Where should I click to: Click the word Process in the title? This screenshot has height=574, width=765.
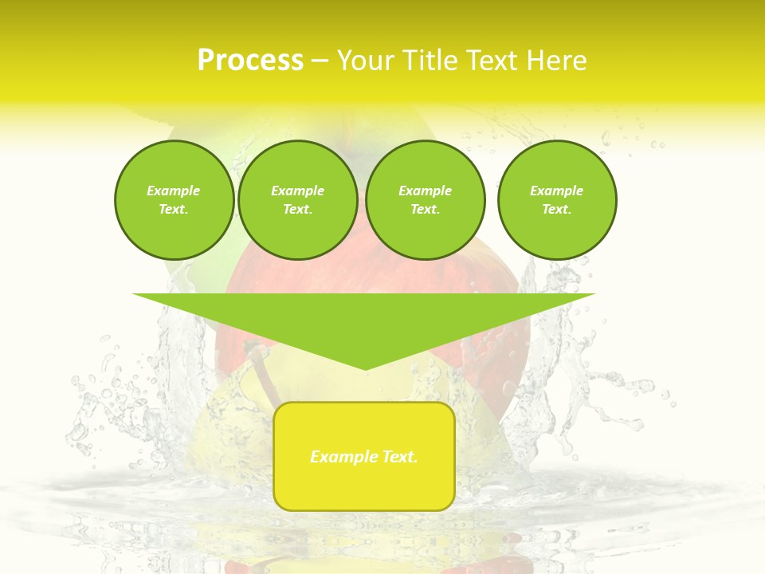pos(250,61)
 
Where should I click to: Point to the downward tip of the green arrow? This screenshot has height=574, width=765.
pos(366,368)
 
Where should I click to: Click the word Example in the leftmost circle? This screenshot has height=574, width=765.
pos(174,191)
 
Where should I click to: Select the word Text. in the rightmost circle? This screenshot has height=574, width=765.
pos(556,209)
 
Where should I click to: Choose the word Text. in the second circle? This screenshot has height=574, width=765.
pos(297,209)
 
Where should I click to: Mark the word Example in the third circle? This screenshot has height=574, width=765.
pos(425,191)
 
